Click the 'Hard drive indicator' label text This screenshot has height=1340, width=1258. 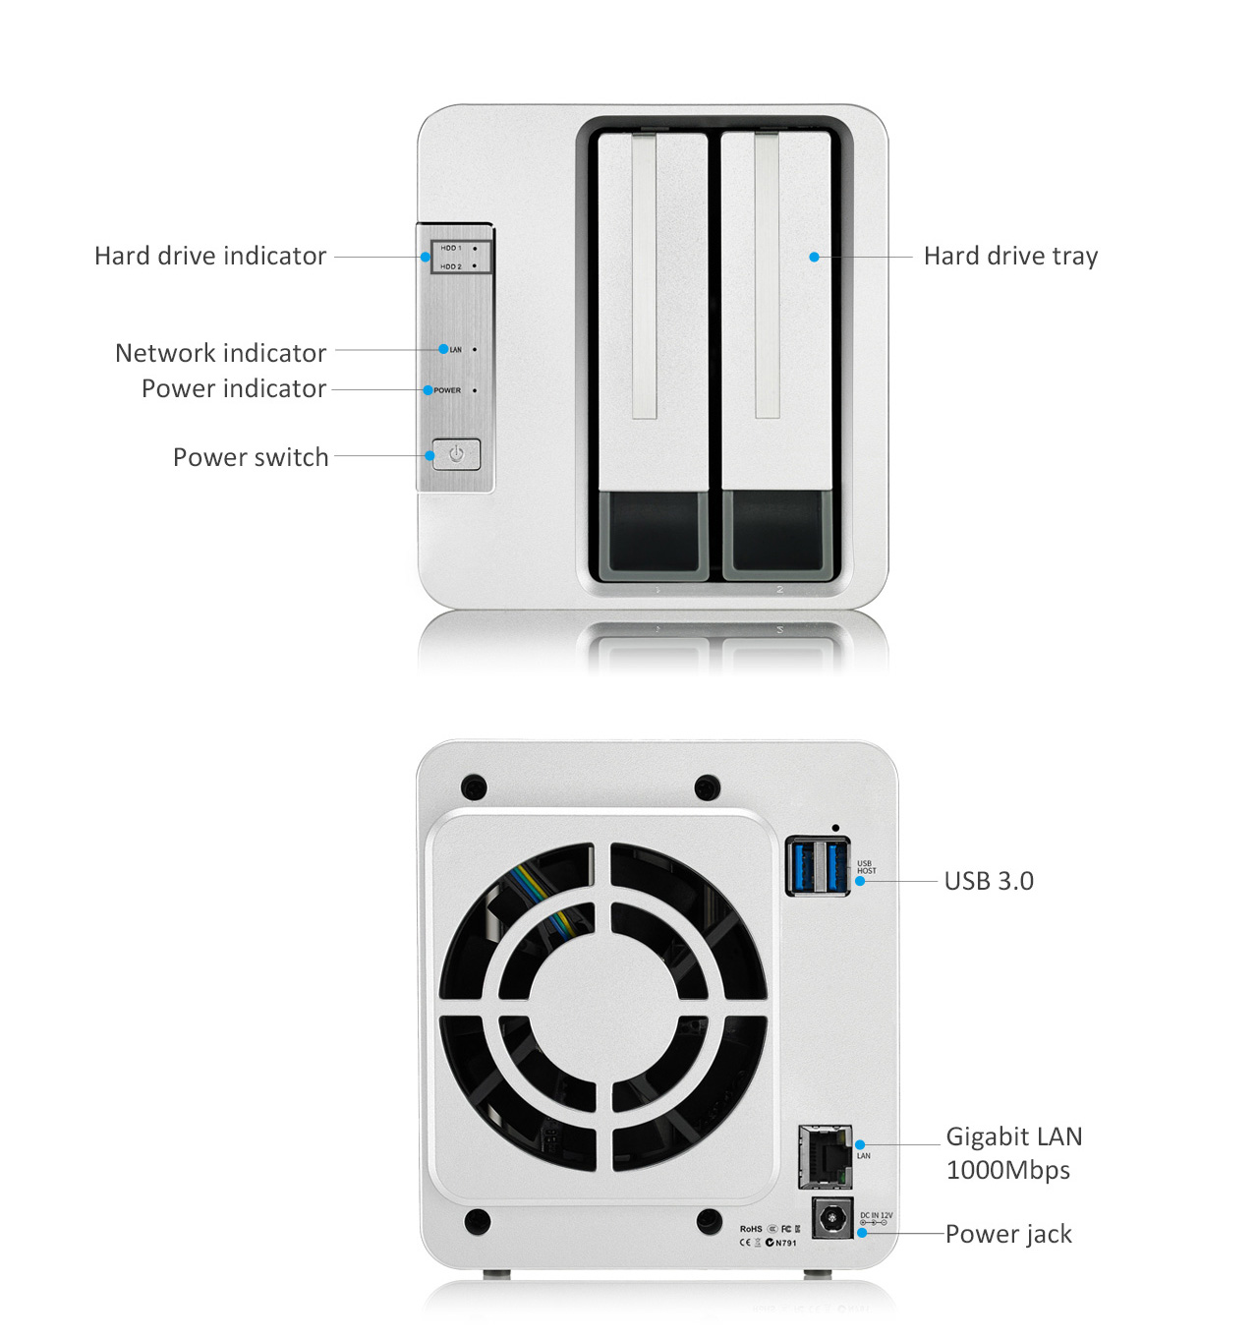(x=210, y=257)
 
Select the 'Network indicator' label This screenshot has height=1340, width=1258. (x=220, y=353)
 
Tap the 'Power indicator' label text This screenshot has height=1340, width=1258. (x=233, y=388)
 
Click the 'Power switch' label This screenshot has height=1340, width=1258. (x=251, y=457)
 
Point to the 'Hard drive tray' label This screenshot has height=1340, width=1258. (x=1010, y=257)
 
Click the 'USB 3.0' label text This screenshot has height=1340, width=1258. (x=989, y=881)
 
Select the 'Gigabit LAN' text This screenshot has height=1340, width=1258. (x=1013, y=1136)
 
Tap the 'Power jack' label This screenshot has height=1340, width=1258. (x=1008, y=1234)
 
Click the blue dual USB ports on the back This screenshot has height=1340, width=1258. (x=818, y=866)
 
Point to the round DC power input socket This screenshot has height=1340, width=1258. (x=832, y=1220)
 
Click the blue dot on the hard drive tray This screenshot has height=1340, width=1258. (x=814, y=257)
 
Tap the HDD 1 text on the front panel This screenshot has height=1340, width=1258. (x=450, y=248)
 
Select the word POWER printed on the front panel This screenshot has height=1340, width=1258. (x=447, y=390)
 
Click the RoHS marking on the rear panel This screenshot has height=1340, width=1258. (x=751, y=1229)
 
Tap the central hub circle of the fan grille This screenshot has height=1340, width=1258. (x=603, y=1007)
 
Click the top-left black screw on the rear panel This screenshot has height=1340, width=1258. (x=474, y=787)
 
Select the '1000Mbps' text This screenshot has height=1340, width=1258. (x=1007, y=1170)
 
